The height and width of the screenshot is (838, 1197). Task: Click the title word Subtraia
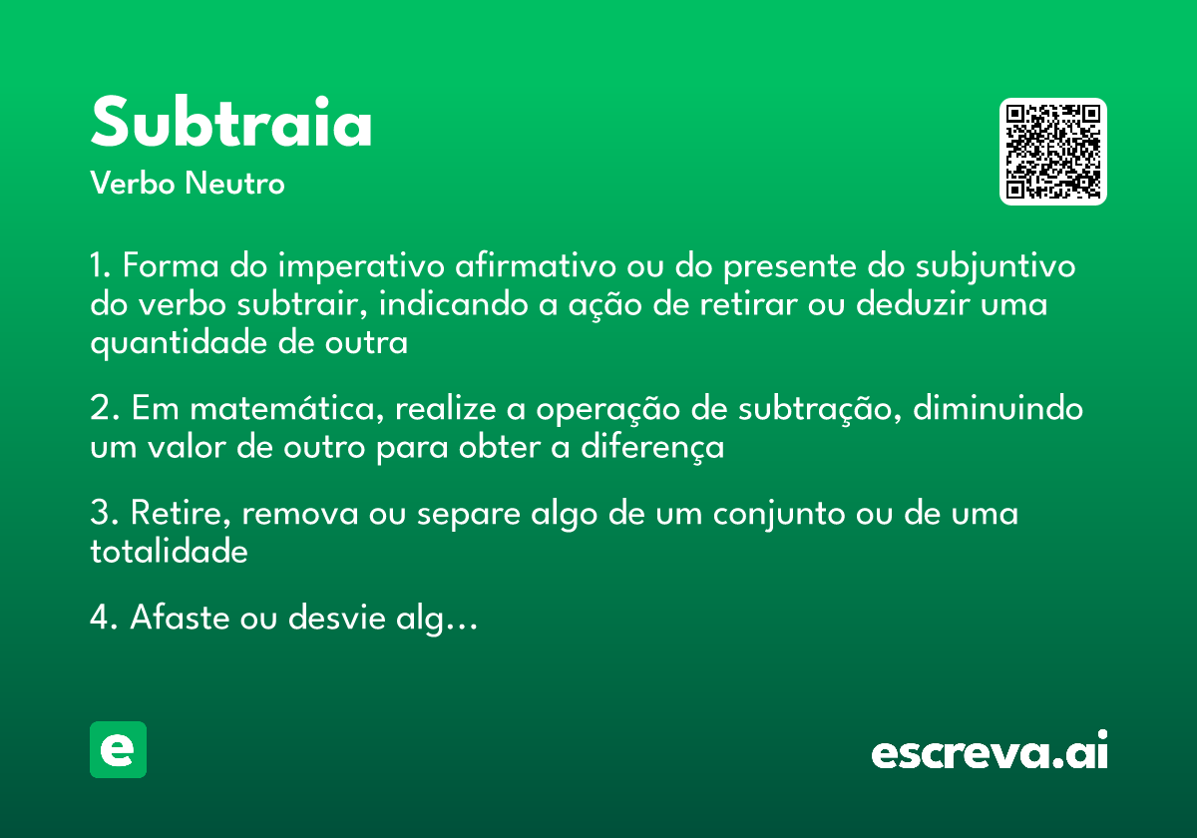point(231,124)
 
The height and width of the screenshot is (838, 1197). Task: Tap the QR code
point(1053,152)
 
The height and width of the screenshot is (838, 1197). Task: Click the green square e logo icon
point(118,749)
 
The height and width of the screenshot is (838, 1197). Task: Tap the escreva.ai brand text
point(990,751)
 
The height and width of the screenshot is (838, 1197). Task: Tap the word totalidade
point(169,552)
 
